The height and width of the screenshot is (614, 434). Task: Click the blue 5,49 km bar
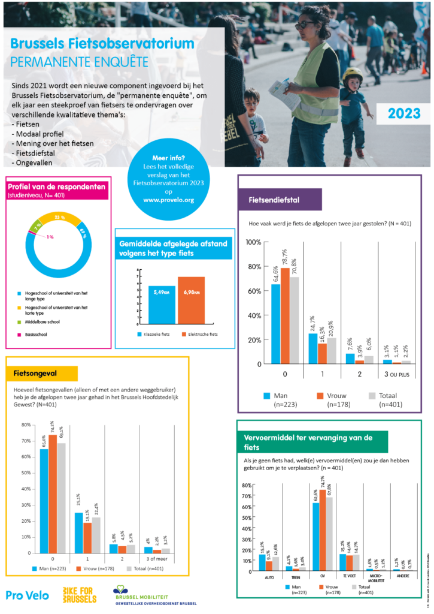point(162,303)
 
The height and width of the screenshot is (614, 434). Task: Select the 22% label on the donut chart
point(60,217)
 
